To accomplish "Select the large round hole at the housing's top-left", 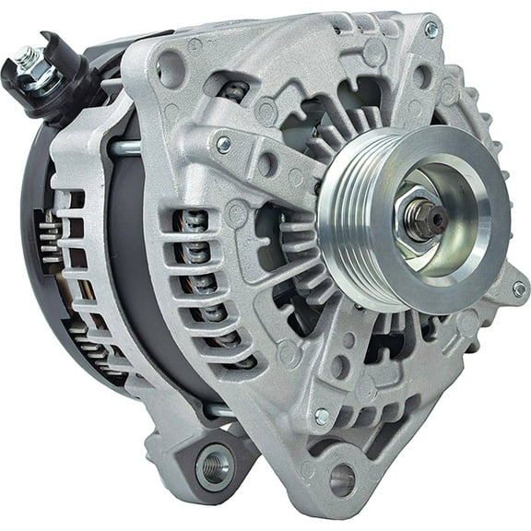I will click(171, 69).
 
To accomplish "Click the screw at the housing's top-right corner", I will click(431, 29).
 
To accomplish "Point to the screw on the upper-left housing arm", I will click(223, 144).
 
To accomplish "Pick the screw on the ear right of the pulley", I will click(519, 289).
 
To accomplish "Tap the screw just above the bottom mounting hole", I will click(322, 417).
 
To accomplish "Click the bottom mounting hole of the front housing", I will click(342, 478).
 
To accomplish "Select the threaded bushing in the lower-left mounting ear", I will click(215, 463).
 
